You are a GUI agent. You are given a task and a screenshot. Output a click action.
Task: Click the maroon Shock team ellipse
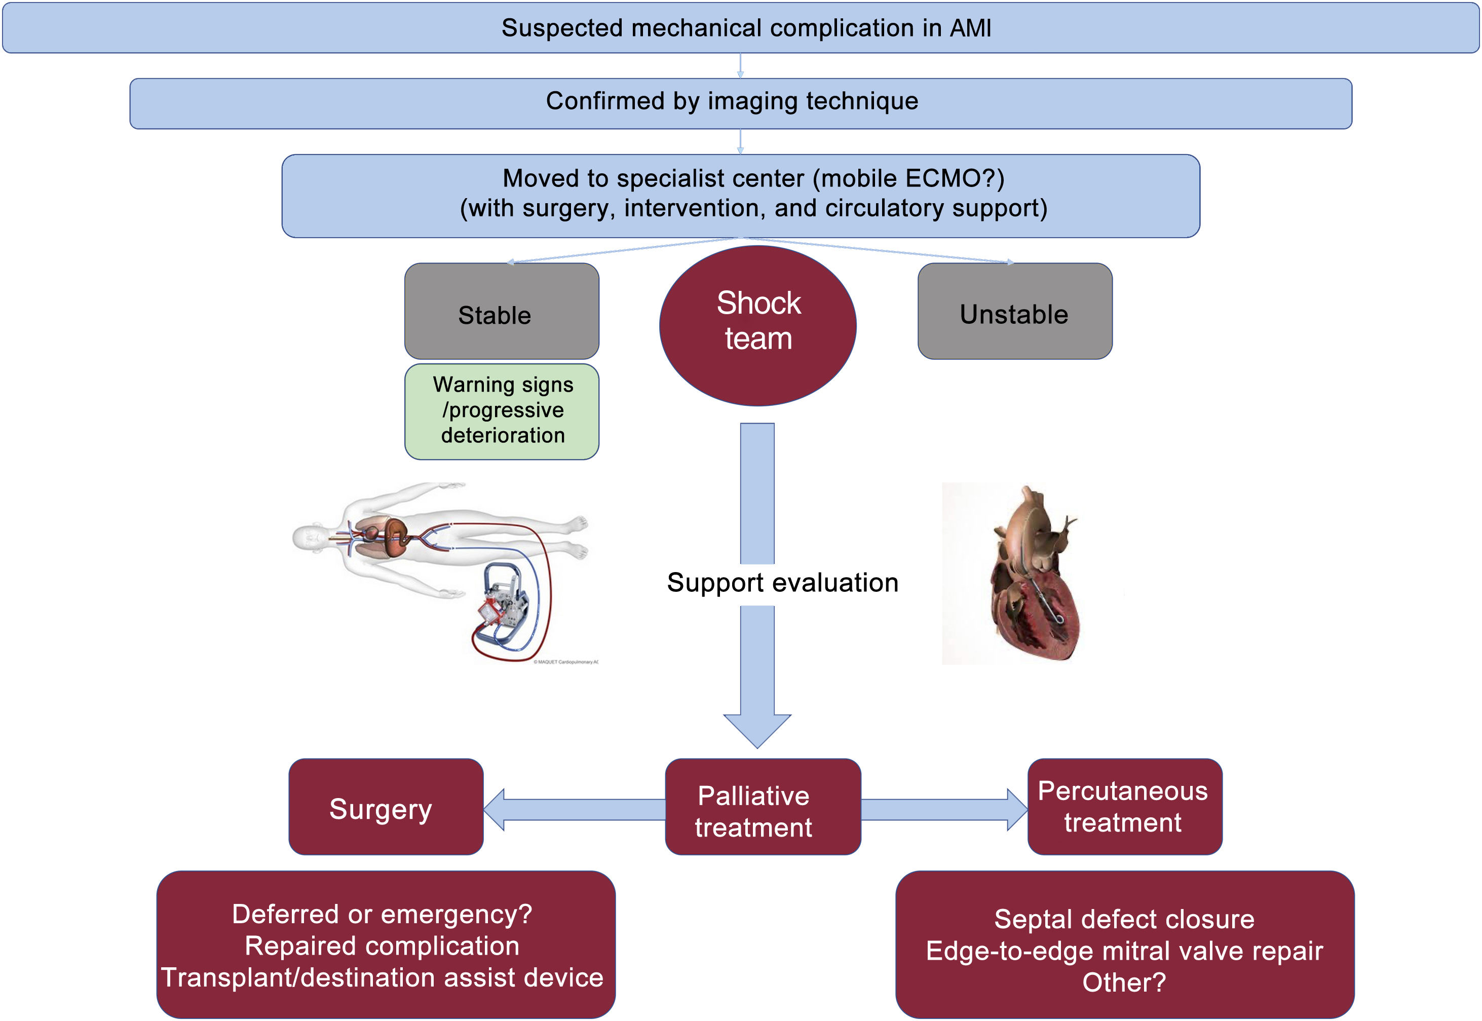click(757, 325)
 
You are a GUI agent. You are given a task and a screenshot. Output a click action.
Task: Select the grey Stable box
click(502, 312)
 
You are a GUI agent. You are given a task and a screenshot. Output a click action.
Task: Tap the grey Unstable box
click(1014, 312)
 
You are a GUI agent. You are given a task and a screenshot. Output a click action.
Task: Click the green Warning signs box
click(502, 411)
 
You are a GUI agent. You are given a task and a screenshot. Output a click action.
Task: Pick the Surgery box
click(386, 807)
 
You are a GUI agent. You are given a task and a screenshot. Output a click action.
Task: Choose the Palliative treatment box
click(763, 807)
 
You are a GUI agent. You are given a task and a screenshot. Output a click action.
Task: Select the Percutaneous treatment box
click(1124, 807)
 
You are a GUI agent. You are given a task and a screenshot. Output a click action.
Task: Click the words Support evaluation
click(782, 583)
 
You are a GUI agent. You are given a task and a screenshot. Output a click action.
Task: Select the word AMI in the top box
click(970, 28)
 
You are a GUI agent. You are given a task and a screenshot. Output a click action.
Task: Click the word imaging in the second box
click(753, 101)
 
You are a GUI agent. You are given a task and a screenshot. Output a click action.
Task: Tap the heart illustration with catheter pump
click(1033, 576)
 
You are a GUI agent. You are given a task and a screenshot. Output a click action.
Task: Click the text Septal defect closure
click(1124, 919)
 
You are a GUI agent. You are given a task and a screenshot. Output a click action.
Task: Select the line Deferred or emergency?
click(382, 914)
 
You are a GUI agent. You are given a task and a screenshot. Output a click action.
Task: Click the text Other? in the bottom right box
click(1124, 982)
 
